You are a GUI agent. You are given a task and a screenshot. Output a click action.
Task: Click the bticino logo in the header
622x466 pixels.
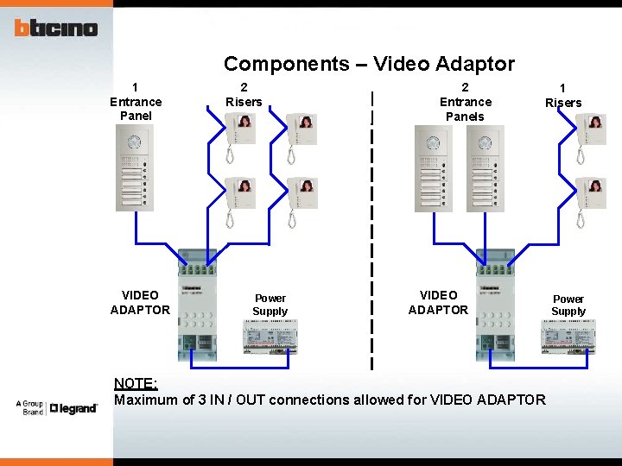coord(56,28)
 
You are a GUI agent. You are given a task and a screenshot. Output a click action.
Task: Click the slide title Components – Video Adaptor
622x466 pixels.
coord(369,63)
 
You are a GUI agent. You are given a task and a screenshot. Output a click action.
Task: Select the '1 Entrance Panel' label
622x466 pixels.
coord(136,101)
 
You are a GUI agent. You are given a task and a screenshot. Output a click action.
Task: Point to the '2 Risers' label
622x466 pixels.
coord(244,94)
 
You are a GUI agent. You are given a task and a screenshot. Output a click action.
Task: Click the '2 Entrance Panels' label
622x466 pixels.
coord(465,101)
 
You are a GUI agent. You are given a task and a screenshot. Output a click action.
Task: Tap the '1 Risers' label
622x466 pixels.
coord(562,95)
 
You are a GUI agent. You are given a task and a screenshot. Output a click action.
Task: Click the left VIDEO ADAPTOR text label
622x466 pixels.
coord(140,302)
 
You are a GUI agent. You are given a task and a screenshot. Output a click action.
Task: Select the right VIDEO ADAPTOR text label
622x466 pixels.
coord(438,302)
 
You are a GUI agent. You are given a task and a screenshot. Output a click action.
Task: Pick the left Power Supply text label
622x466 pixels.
coord(270,305)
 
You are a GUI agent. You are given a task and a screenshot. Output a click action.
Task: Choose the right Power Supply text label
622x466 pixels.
coord(568,305)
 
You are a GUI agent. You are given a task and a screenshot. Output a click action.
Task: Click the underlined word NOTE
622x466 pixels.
coord(136,383)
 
